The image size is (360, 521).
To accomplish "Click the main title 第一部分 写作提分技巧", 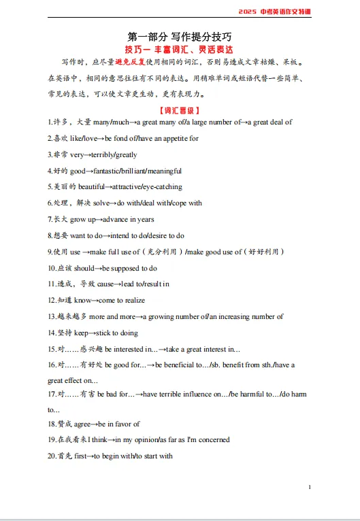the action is tap(180, 36).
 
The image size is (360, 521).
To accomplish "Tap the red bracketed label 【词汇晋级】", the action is tap(180, 110).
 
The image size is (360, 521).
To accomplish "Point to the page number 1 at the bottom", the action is tap(310, 487).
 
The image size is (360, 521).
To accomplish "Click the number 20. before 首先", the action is tap(52, 456).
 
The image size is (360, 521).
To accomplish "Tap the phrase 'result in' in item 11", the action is tap(157, 284).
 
